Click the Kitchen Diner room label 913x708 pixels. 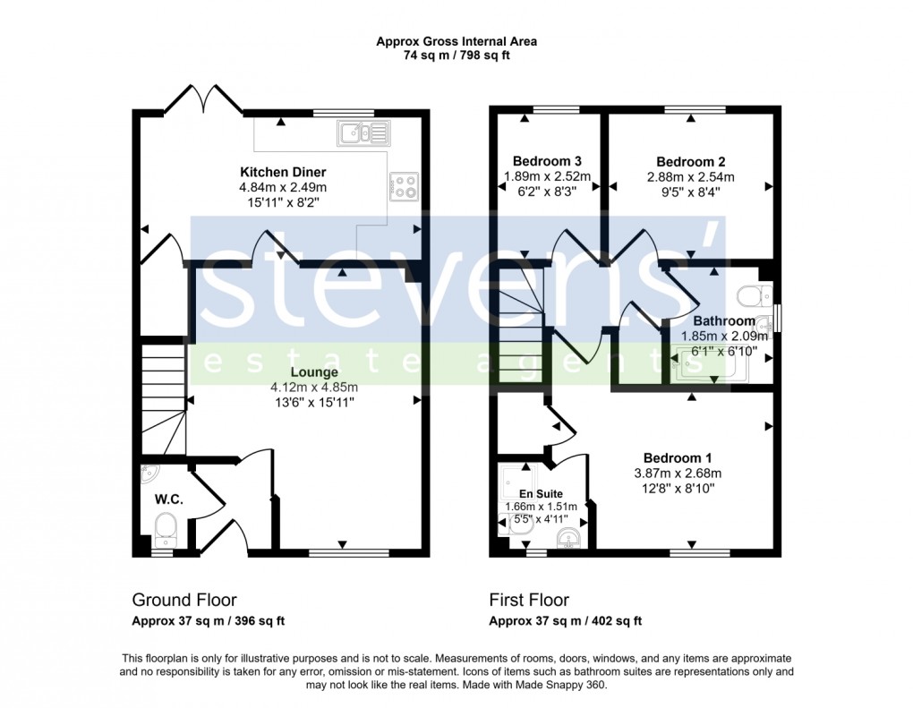[282, 172]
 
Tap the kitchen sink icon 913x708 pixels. [363, 133]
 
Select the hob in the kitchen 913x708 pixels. [405, 187]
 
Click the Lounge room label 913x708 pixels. [313, 372]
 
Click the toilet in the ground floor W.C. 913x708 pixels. [166, 527]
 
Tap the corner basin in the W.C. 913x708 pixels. [149, 473]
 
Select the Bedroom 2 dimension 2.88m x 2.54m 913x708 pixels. [690, 177]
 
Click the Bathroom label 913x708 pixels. [724, 321]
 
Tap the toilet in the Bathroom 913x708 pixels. [750, 294]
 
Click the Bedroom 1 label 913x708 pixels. [677, 458]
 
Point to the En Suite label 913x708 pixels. [540, 493]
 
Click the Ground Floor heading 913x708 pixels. [184, 600]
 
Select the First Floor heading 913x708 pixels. [529, 600]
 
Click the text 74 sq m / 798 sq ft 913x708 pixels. [456, 55]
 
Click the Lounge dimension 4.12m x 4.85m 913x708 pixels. [314, 388]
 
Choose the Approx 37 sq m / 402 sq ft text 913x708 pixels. [565, 621]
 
